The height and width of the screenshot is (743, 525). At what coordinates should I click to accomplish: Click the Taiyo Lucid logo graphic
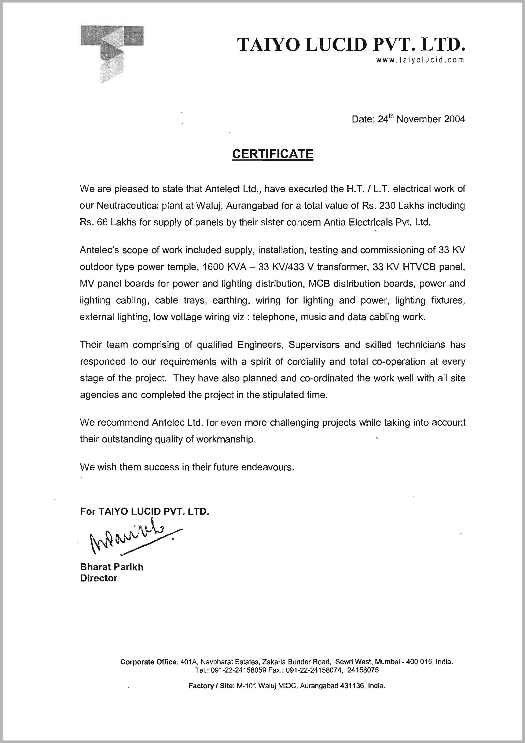pyautogui.click(x=111, y=53)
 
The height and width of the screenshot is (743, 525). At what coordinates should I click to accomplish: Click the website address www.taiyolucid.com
pyautogui.click(x=420, y=60)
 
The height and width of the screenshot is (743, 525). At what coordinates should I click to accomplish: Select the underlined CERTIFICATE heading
pyautogui.click(x=272, y=154)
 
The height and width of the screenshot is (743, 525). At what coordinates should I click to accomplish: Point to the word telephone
pyautogui.click(x=275, y=317)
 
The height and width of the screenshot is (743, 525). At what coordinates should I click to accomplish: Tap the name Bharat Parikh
pyautogui.click(x=111, y=567)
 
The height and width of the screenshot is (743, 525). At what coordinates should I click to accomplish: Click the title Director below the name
pyautogui.click(x=99, y=578)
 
